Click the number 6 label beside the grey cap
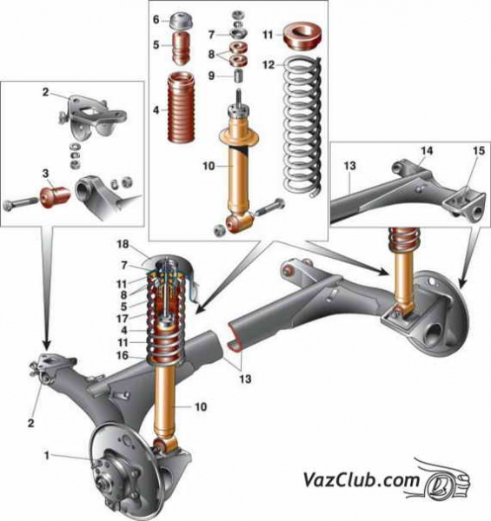tap(156, 20)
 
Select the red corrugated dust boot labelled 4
tap(181, 108)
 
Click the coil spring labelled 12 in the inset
tap(303, 127)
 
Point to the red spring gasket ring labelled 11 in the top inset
tap(302, 36)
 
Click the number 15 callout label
tap(479, 151)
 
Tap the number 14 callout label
tap(427, 151)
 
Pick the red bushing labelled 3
tap(55, 198)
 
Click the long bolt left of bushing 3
tap(21, 204)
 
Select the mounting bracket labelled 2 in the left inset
tap(92, 117)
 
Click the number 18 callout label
tap(123, 244)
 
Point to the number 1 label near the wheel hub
tap(47, 455)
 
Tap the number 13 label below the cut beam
tap(245, 379)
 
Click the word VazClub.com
tap(361, 480)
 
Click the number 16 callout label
tap(123, 355)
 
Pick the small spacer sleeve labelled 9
tap(239, 76)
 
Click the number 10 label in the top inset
tap(209, 166)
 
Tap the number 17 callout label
tap(123, 319)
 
